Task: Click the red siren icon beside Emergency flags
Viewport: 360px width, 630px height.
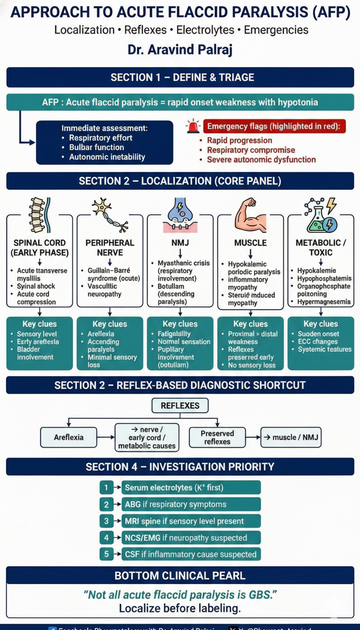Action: pyautogui.click(x=193, y=127)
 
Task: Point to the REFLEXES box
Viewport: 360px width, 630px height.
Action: pyautogui.click(x=180, y=405)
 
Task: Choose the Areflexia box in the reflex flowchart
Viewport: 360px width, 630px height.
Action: pyautogui.click(x=68, y=437)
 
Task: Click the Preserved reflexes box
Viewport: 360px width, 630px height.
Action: pyautogui.click(x=217, y=437)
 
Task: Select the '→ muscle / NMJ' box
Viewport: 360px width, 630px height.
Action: pyautogui.click(x=291, y=437)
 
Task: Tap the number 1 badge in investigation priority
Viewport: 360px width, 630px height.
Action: pyautogui.click(x=106, y=487)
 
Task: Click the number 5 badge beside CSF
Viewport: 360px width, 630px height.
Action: pyautogui.click(x=106, y=554)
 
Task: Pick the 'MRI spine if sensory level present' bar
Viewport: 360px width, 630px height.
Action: pyautogui.click(x=191, y=521)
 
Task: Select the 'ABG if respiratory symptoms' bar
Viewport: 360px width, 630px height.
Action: pyautogui.click(x=191, y=504)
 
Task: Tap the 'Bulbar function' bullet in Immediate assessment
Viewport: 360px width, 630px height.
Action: pyautogui.click(x=97, y=147)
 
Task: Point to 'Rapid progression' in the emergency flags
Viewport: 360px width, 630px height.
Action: pyautogui.click(x=239, y=140)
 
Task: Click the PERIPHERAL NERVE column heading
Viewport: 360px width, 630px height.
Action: pyautogui.click(x=110, y=247)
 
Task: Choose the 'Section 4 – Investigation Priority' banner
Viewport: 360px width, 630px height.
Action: pyautogui.click(x=180, y=466)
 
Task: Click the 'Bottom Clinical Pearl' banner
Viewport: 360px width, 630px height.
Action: pyautogui.click(x=180, y=575)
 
